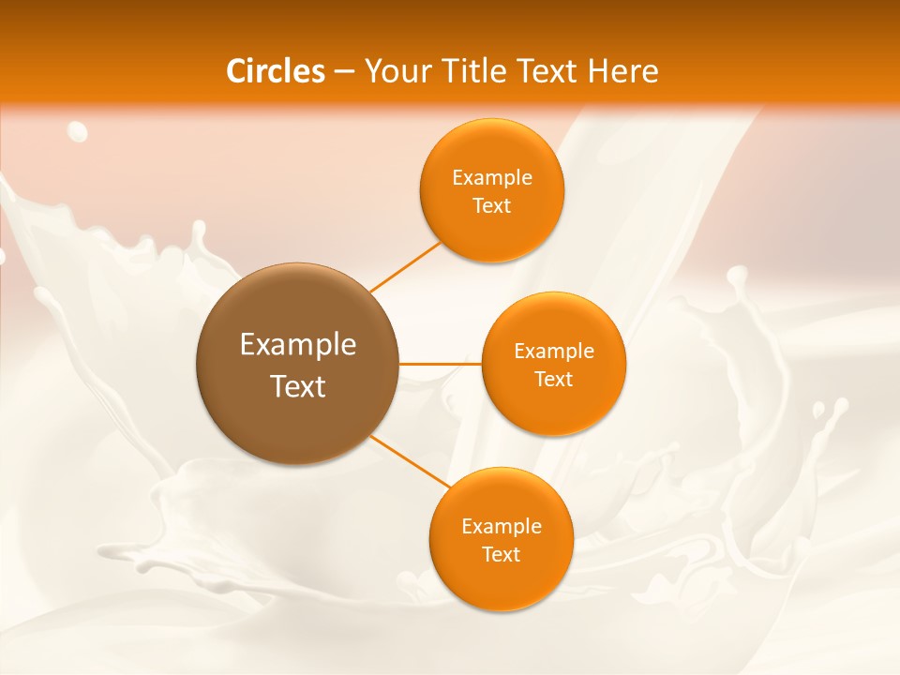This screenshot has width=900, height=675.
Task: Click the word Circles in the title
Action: click(276, 71)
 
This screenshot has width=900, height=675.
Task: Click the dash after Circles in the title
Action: click(344, 72)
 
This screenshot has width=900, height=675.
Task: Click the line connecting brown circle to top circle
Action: click(404, 265)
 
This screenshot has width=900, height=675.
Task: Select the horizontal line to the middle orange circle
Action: click(440, 363)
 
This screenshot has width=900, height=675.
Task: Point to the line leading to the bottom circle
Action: click(410, 461)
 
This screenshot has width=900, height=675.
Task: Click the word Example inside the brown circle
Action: click(298, 345)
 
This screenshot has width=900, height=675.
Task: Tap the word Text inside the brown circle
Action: click(298, 386)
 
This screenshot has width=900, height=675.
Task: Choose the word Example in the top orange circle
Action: click(492, 178)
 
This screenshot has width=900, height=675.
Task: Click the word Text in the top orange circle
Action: click(491, 206)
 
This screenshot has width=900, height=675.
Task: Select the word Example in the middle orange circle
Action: click(554, 352)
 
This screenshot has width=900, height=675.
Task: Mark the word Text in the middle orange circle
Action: click(553, 380)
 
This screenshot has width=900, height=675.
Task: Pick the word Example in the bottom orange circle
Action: click(502, 527)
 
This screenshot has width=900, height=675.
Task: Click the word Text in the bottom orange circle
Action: click(501, 555)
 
